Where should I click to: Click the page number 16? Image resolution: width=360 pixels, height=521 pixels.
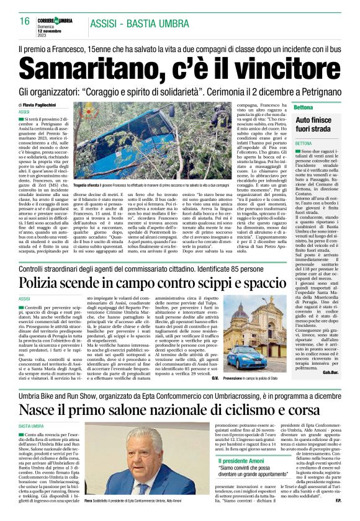tap(24, 20)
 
